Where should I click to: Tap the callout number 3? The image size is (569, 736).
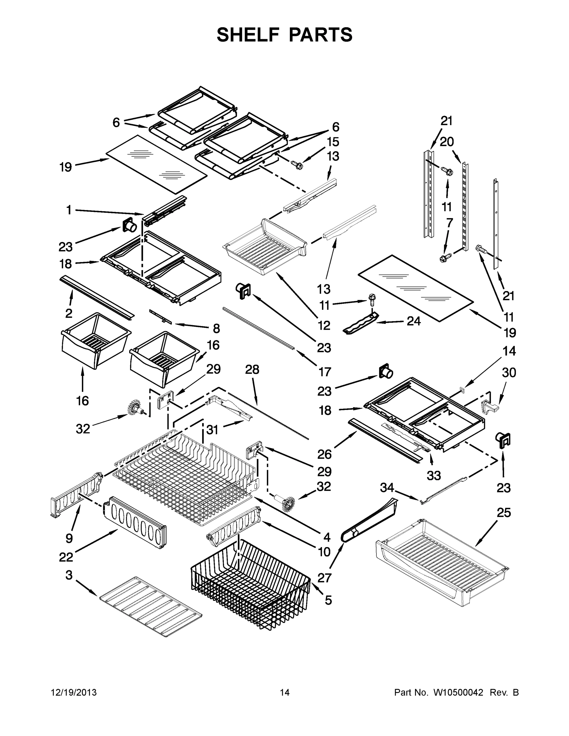tap(69, 575)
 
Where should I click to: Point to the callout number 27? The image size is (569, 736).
tap(324, 578)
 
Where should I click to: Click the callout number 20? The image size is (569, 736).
tap(447, 142)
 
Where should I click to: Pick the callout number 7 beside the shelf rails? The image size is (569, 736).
tap(449, 223)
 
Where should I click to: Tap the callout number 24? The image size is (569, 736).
tap(413, 321)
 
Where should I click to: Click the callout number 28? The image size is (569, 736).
tap(252, 370)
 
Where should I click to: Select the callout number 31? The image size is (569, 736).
tap(212, 430)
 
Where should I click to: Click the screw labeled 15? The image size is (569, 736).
tap(298, 165)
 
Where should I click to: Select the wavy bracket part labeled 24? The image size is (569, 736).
tap(360, 324)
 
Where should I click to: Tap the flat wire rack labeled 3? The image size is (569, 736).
tap(151, 607)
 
